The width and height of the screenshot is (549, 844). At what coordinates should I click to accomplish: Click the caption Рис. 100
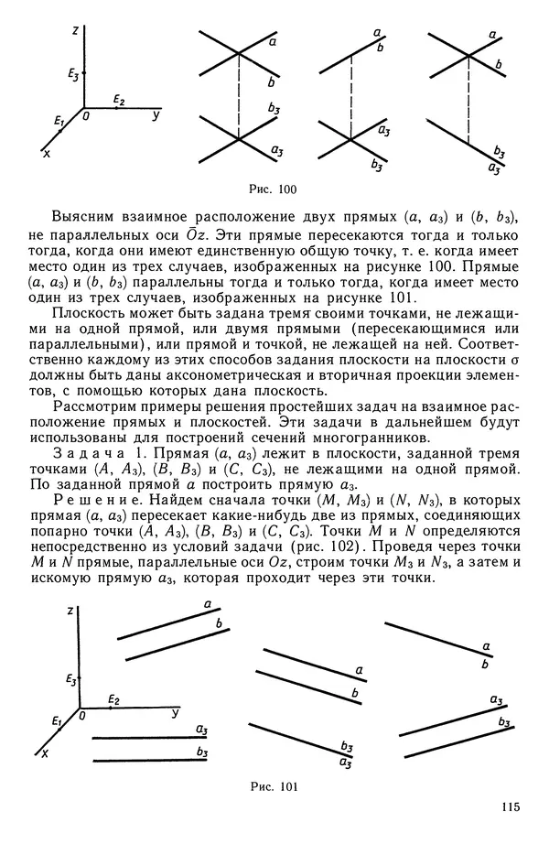coord(274,189)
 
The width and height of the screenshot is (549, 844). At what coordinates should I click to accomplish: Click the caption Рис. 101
coord(274,785)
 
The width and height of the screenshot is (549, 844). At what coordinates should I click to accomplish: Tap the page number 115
coord(510,806)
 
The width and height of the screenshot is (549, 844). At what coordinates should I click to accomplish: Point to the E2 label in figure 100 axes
coord(119,99)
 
